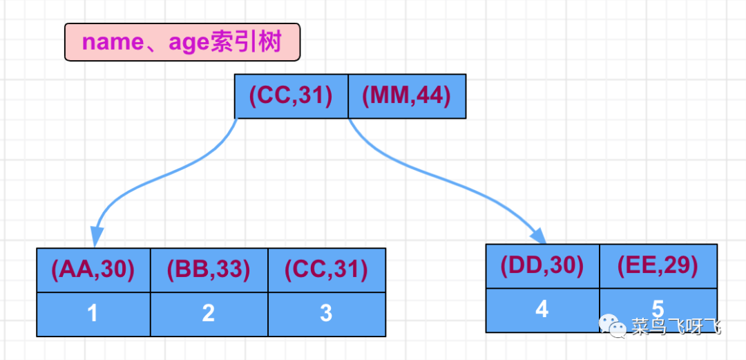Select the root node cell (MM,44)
[x=406, y=96]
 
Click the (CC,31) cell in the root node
[x=290, y=96]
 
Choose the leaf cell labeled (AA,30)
[x=93, y=269]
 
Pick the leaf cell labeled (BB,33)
[x=209, y=269]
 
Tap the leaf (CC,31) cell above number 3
[x=326, y=269]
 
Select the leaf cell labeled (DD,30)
[x=542, y=265]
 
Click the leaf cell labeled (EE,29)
[x=658, y=265]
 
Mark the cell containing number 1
[x=93, y=314]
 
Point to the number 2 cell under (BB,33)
[x=209, y=314]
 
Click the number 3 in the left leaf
[x=326, y=314]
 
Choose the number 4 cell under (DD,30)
[x=542, y=309]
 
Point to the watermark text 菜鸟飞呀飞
[x=676, y=325]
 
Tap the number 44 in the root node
[x=433, y=96]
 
